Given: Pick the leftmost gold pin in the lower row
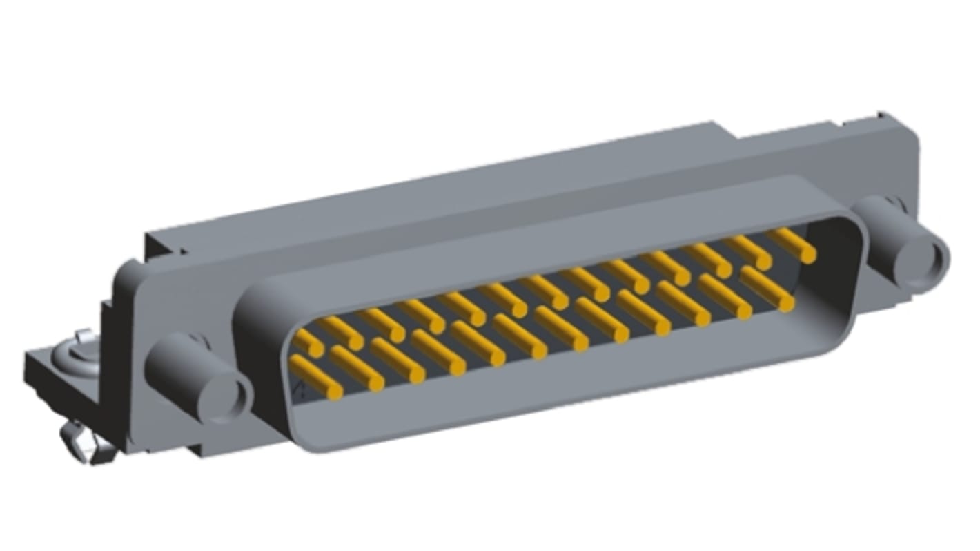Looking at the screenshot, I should click(x=315, y=376).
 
